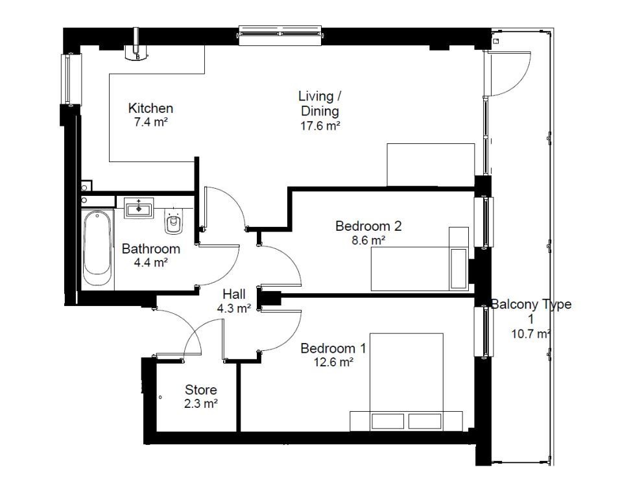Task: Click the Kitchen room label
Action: click(x=150, y=108)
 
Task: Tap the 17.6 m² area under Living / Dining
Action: click(x=320, y=126)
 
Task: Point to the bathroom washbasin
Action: click(x=139, y=209)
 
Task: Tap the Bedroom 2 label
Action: click(x=368, y=226)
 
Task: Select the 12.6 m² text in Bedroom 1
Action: click(x=333, y=362)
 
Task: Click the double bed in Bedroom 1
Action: click(x=407, y=383)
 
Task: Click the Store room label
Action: click(x=200, y=390)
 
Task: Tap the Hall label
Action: click(x=234, y=294)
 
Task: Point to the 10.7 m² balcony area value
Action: click(x=530, y=335)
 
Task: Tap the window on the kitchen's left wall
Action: click(x=67, y=78)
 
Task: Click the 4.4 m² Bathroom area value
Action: click(x=150, y=263)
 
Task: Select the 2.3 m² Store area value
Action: click(x=200, y=403)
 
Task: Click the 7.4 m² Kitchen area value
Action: click(x=150, y=122)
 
